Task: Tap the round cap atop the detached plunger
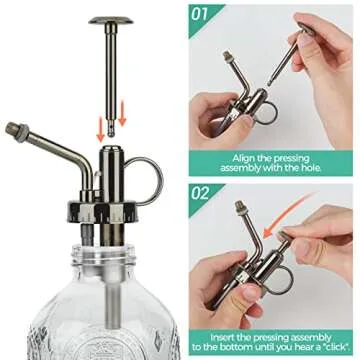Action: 110,20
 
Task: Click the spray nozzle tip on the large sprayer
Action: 15,128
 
